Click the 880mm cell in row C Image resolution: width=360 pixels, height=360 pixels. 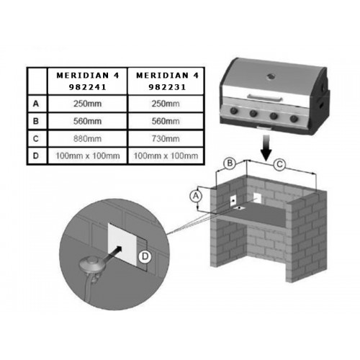pyautogui.click(x=87, y=139)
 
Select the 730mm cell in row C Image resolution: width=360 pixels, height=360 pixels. pyautogui.click(x=166, y=139)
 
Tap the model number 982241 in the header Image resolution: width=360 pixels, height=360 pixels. pyautogui.click(x=88, y=87)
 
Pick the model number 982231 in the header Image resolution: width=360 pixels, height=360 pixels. pyautogui.click(x=167, y=87)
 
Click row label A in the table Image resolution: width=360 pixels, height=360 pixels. pyautogui.click(x=36, y=104)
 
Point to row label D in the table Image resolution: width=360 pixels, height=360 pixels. pyautogui.click(x=36, y=156)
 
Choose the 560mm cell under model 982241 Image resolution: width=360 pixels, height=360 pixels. pyautogui.click(x=87, y=121)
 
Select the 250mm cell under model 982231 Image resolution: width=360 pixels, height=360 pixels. pyautogui.click(x=166, y=104)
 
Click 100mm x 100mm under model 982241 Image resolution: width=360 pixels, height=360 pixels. pyautogui.click(x=88, y=156)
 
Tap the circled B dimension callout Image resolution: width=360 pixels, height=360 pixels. pyautogui.click(x=230, y=163)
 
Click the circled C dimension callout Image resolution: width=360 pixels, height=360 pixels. pyautogui.click(x=279, y=165)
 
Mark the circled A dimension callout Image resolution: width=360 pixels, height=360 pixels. pyautogui.click(x=196, y=197)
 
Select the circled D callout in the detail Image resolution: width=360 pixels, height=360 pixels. pyautogui.click(x=145, y=256)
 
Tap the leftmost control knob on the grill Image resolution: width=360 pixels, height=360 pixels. pyautogui.click(x=234, y=111)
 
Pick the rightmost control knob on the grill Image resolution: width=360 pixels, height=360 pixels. pyautogui.click(x=294, y=119)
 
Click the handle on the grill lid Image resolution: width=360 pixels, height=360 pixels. pyautogui.click(x=265, y=97)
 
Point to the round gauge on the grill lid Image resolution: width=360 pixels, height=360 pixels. pyautogui.click(x=271, y=77)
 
